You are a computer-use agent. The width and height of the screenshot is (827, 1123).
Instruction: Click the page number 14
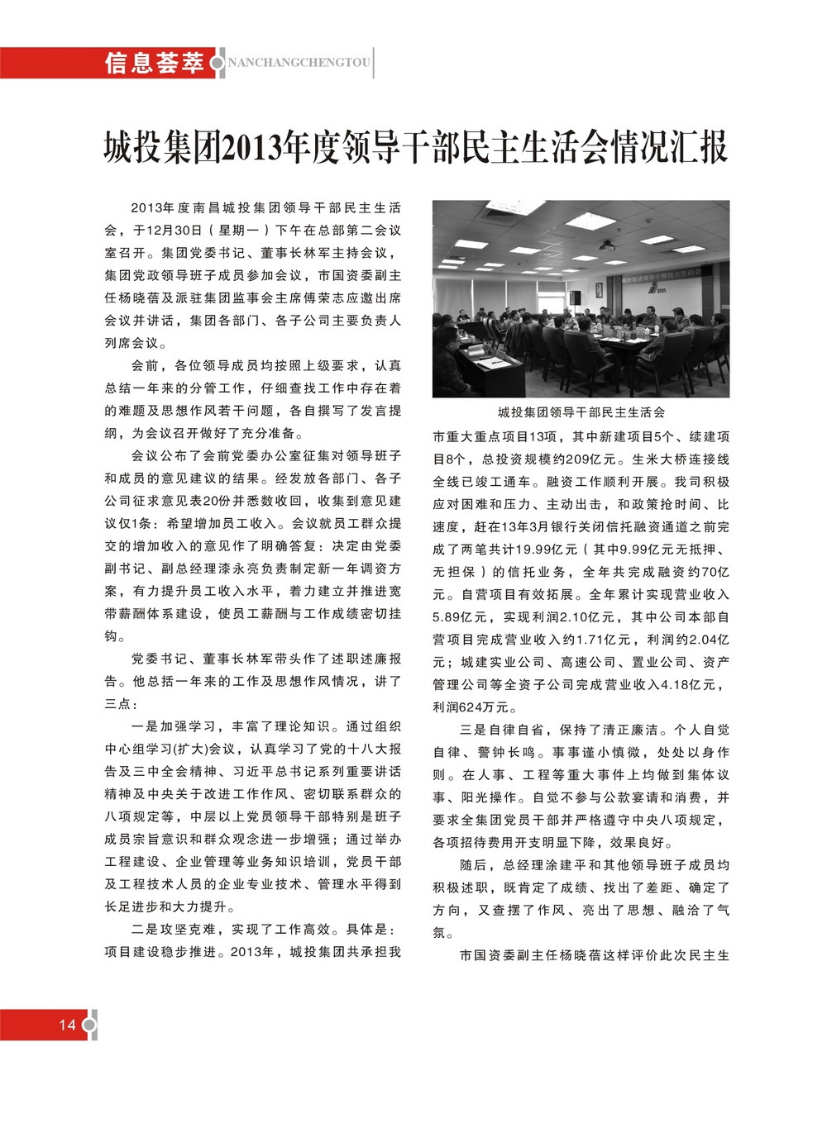point(67,1025)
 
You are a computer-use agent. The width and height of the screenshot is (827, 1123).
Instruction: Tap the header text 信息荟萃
point(154,63)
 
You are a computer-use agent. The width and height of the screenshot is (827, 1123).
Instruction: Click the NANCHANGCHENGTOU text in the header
point(299,63)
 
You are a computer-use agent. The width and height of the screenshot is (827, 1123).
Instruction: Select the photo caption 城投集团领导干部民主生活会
point(581,412)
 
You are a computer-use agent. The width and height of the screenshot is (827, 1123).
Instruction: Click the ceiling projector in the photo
point(608,245)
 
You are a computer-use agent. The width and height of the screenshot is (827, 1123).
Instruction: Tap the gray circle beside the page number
point(89,1025)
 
